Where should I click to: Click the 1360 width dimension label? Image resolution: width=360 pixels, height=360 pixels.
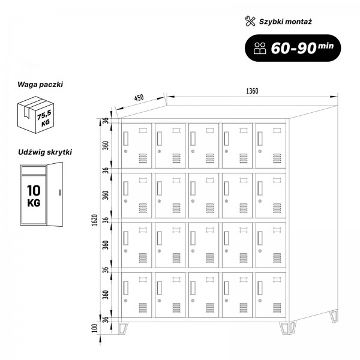252,91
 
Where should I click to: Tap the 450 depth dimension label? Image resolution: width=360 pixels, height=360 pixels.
139,98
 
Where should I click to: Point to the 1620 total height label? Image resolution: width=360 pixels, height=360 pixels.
95,220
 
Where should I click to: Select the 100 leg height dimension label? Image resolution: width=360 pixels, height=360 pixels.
95,328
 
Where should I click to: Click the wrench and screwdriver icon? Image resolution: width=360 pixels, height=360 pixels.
250,21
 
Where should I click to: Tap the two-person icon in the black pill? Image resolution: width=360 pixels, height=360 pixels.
260,48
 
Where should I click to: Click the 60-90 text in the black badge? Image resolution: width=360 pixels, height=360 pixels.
293,48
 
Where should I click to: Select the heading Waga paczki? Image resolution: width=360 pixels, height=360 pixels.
40,84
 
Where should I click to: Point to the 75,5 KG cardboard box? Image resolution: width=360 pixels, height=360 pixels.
35,115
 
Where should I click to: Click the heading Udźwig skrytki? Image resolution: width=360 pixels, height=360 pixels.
45,152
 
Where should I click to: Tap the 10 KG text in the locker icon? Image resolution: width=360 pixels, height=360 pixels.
34,196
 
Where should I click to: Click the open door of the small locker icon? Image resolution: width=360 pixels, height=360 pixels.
55,194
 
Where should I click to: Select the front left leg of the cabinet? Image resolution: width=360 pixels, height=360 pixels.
123,328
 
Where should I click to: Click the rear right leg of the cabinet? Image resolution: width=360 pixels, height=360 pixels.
334,316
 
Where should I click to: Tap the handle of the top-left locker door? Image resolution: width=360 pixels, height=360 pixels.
126,139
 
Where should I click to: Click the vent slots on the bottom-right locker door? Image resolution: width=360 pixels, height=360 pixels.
277,308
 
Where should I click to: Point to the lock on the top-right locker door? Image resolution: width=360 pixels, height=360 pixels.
260,151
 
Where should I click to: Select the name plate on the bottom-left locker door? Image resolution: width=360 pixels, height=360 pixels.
143,280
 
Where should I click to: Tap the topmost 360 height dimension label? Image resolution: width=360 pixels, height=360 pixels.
106,146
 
